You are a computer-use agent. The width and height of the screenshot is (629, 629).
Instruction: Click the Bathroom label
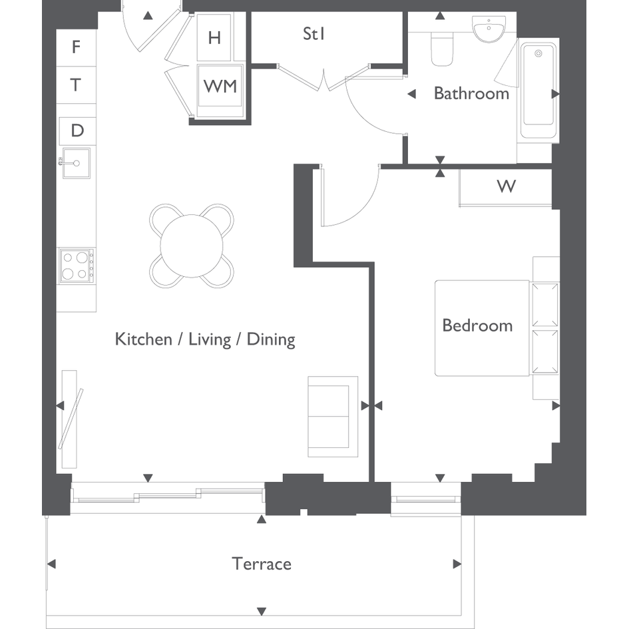(471, 93)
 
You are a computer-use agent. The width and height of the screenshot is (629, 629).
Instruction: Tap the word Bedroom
(477, 325)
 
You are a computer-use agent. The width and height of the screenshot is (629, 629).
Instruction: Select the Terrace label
(262, 564)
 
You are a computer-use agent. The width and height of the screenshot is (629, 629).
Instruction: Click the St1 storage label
(314, 34)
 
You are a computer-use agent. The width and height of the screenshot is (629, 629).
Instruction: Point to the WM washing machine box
(220, 85)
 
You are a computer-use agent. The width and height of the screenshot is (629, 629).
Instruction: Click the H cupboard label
(214, 38)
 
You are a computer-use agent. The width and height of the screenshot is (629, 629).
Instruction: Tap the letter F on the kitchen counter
(76, 47)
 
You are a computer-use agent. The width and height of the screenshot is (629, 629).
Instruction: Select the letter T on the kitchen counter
(75, 85)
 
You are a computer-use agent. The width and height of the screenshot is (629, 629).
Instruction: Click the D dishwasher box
(77, 130)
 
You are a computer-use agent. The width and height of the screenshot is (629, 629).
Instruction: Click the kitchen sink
(76, 163)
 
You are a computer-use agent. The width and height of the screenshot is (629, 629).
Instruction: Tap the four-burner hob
(77, 266)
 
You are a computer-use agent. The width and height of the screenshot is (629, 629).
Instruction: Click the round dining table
(192, 246)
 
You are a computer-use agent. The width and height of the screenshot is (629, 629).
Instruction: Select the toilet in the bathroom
(443, 49)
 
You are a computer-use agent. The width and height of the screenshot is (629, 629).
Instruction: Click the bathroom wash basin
(489, 29)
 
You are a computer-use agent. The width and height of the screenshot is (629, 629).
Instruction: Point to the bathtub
(538, 91)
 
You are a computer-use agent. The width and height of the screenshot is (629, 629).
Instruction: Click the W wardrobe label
(507, 186)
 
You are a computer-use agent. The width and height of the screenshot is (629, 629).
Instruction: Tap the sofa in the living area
(333, 417)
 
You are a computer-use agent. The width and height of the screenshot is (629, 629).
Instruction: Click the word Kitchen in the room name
(143, 339)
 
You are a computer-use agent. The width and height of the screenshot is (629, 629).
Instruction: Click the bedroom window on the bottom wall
(426, 499)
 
